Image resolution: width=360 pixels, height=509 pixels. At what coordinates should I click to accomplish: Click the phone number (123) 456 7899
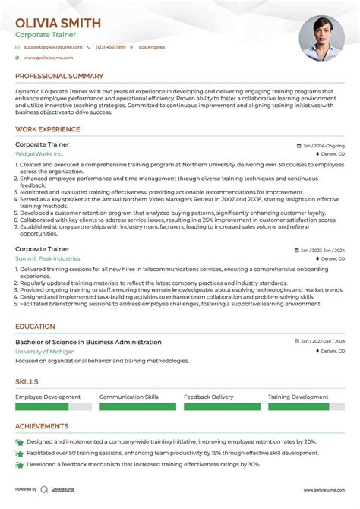111,47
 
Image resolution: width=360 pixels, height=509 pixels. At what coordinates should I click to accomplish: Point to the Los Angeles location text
152,47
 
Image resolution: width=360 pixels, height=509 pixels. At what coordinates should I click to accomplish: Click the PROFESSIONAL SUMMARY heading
59,77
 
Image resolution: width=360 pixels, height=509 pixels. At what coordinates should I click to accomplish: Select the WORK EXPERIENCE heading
48,130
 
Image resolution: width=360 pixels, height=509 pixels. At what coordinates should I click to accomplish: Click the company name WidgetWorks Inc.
39,153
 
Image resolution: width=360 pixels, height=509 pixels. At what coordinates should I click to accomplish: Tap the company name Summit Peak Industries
47,258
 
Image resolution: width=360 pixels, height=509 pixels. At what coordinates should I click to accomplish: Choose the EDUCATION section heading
35,327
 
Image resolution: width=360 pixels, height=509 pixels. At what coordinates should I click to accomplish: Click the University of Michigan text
46,352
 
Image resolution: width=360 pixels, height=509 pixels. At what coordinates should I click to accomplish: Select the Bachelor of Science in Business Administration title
88,342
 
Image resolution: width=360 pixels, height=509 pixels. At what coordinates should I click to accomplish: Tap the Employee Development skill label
48,397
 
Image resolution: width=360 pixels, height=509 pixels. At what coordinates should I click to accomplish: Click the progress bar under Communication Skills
137,407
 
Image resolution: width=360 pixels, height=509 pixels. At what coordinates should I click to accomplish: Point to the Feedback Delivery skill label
209,397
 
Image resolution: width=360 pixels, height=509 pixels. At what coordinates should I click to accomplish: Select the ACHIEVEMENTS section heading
43,427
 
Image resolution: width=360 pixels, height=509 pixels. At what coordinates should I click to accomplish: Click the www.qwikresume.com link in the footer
325,490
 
